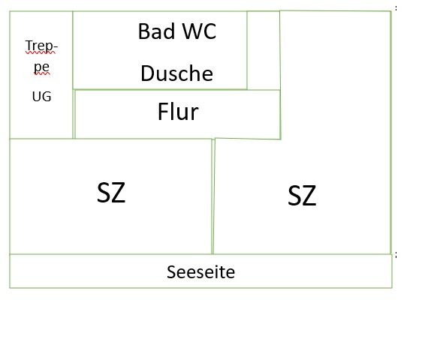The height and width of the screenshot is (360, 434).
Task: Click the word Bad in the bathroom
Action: (156, 31)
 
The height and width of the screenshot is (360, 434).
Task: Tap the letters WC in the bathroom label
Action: (200, 31)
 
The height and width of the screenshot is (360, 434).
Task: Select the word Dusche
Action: (177, 73)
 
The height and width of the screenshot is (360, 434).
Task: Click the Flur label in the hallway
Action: (178, 112)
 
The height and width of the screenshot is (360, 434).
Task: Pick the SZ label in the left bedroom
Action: (111, 193)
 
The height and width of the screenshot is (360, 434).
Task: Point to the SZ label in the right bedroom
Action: (302, 196)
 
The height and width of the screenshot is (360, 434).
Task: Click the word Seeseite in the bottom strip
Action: (201, 271)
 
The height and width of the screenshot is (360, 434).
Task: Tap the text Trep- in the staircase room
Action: (41, 46)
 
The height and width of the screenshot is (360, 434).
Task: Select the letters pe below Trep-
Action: (42, 67)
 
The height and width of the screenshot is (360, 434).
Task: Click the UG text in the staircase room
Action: (42, 97)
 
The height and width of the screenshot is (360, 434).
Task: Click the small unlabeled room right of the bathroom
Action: (264, 50)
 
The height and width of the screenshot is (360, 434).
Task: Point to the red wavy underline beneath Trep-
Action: (41, 52)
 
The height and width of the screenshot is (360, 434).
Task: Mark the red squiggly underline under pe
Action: (42, 73)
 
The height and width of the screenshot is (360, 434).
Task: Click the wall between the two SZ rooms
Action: (212, 196)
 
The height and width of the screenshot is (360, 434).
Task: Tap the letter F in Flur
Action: (163, 112)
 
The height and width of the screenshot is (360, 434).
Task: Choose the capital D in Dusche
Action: (147, 73)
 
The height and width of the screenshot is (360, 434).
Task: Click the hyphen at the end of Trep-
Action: (55, 47)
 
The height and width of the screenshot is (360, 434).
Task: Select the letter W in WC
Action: (193, 31)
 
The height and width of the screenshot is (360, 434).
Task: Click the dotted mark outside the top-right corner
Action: (396, 8)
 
